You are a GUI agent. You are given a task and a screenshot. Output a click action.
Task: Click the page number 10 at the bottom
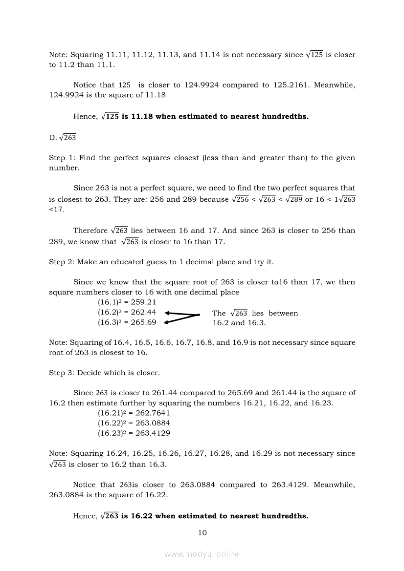pyautogui.click(x=202, y=532)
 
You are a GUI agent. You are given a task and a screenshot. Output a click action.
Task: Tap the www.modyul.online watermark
pyautogui.click(x=202, y=554)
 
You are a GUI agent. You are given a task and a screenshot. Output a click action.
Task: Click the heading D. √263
pyautogui.click(x=63, y=138)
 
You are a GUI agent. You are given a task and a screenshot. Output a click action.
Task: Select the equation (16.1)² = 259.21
pyautogui.click(x=127, y=302)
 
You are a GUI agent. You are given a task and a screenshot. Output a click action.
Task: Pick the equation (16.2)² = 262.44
pyautogui.click(x=127, y=312)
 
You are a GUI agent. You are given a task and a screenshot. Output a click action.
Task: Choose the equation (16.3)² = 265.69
pyautogui.click(x=127, y=322)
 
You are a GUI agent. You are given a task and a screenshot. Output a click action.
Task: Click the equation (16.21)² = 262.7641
pyautogui.click(x=134, y=413)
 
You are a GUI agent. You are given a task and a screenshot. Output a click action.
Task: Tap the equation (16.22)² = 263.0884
pyautogui.click(x=134, y=423)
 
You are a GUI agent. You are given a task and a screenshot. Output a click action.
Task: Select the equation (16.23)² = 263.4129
pyautogui.click(x=134, y=433)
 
